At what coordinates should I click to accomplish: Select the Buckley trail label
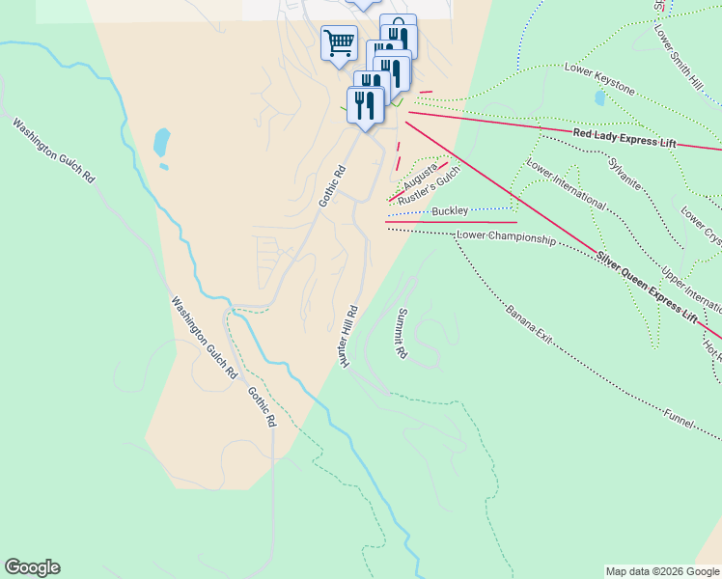coord(450,210)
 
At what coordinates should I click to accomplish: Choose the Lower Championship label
coord(506,237)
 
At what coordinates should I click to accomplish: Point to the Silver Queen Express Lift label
coord(646,287)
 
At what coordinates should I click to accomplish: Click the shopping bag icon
coord(398,27)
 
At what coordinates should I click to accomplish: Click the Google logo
coord(32,567)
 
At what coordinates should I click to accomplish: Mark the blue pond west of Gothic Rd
coord(161,143)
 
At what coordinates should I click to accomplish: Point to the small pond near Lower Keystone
coord(600,98)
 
